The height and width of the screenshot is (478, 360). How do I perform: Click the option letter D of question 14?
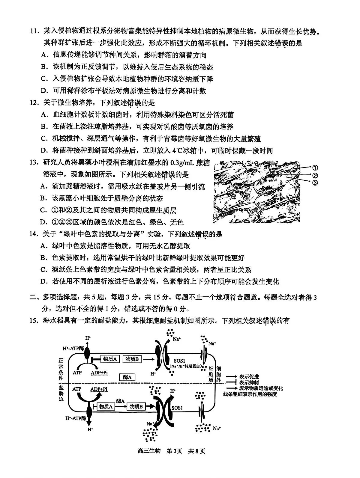pyautogui.click(x=44, y=281)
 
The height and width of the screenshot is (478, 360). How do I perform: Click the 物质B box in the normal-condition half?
pyautogui.click(x=132, y=359)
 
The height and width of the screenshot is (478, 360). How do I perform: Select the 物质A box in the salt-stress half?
pyautogui.click(x=106, y=406)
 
